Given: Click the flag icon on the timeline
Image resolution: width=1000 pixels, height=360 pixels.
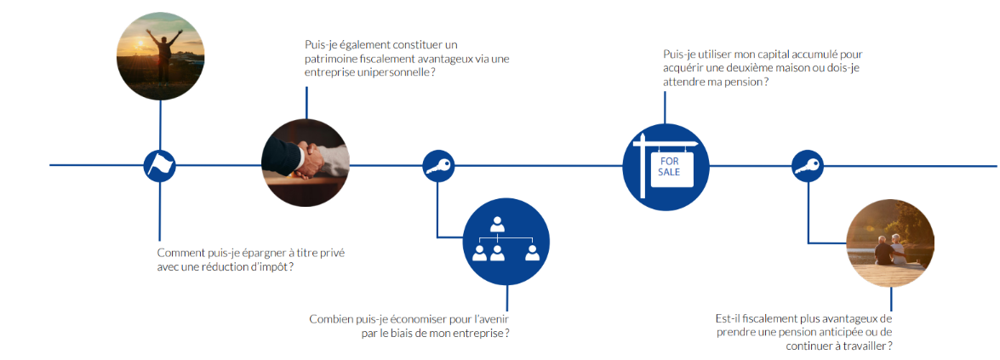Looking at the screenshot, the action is [159, 165].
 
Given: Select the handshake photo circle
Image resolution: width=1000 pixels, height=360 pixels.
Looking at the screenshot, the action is [306, 163].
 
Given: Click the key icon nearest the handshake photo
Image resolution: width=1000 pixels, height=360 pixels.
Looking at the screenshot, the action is [437, 165].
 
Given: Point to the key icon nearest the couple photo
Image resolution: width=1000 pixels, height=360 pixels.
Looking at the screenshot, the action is [808, 166].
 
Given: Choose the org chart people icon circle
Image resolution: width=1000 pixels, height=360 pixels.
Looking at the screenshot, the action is [506, 241].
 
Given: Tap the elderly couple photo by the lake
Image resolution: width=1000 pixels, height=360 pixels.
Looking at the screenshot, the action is [891, 243].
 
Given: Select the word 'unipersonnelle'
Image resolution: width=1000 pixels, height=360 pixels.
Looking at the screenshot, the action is [389, 72].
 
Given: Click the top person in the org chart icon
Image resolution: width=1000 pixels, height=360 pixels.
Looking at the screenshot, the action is [497, 225].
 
